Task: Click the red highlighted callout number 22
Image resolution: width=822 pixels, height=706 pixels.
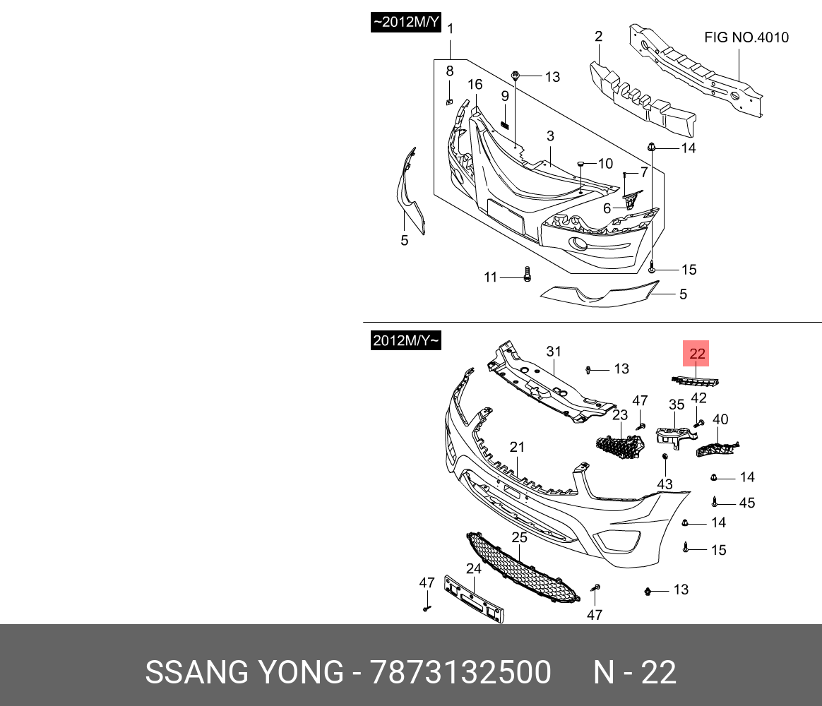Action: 697,354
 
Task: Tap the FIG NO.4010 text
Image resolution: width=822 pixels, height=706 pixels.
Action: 746,37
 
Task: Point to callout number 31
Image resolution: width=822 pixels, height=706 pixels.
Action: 553,352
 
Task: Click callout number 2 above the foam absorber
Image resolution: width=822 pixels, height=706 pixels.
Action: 598,37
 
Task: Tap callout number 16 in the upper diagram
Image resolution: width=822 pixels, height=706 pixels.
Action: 475,85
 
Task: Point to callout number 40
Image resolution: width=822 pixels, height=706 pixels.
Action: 720,419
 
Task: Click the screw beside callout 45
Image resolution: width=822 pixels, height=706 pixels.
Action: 715,503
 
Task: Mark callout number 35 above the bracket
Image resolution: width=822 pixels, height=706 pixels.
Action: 677,405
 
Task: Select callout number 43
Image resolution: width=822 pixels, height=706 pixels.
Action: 665,484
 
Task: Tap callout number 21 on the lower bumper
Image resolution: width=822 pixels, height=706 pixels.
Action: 518,447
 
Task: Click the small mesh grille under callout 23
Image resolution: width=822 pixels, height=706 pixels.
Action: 619,445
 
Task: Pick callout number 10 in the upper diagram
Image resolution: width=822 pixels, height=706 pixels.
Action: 605,164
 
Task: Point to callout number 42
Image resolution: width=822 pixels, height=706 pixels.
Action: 698,397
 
